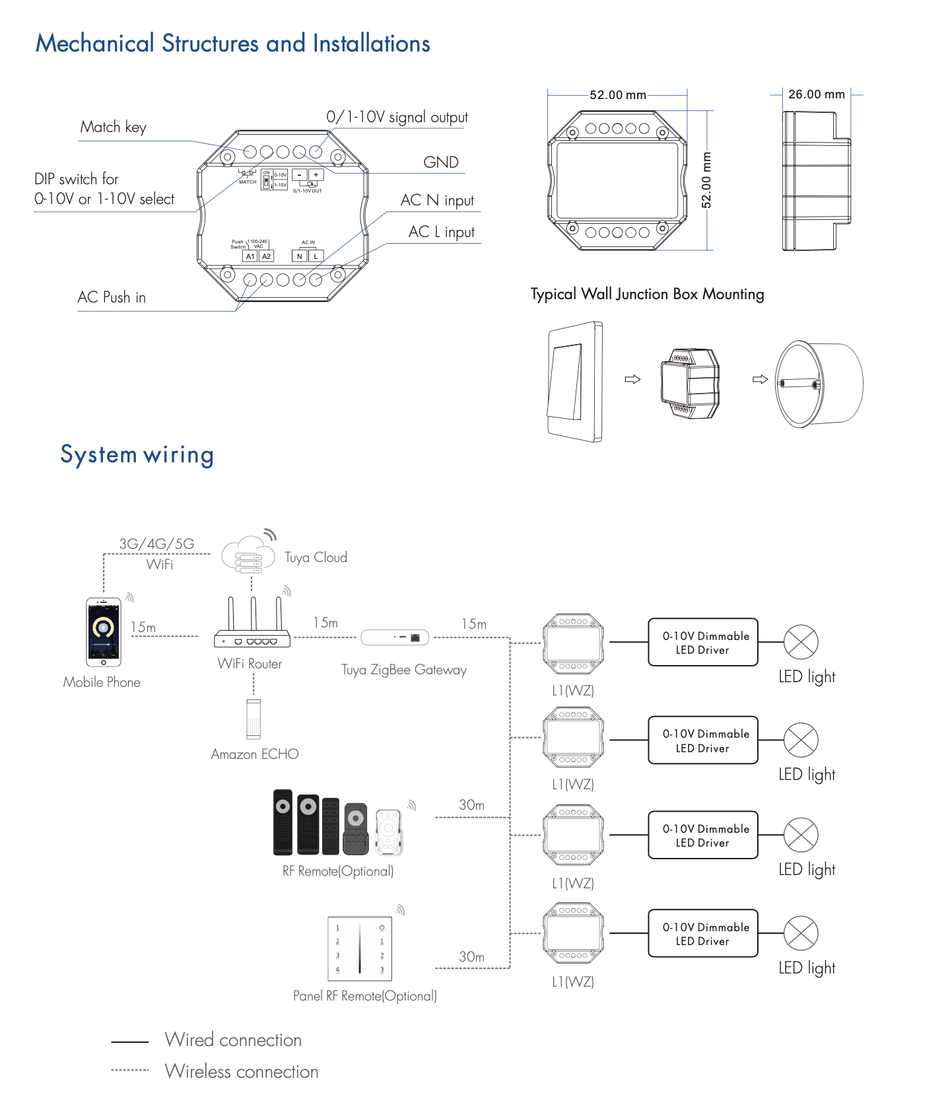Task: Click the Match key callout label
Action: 113,127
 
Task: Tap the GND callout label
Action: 440,162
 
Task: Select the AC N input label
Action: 437,200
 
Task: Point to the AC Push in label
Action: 112,297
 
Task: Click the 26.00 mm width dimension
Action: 816,94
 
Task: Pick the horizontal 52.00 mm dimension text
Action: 617,95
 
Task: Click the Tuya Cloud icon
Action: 248,555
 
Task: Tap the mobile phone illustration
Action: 104,632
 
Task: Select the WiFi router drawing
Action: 252,624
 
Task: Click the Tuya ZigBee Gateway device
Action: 395,637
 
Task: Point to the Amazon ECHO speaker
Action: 254,719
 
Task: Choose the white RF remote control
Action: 389,830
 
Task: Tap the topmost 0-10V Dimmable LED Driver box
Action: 703,643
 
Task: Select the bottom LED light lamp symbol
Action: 801,933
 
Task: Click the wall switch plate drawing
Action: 574,382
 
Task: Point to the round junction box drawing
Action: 819,383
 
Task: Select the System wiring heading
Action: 137,455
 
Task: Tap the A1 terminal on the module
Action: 250,256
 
